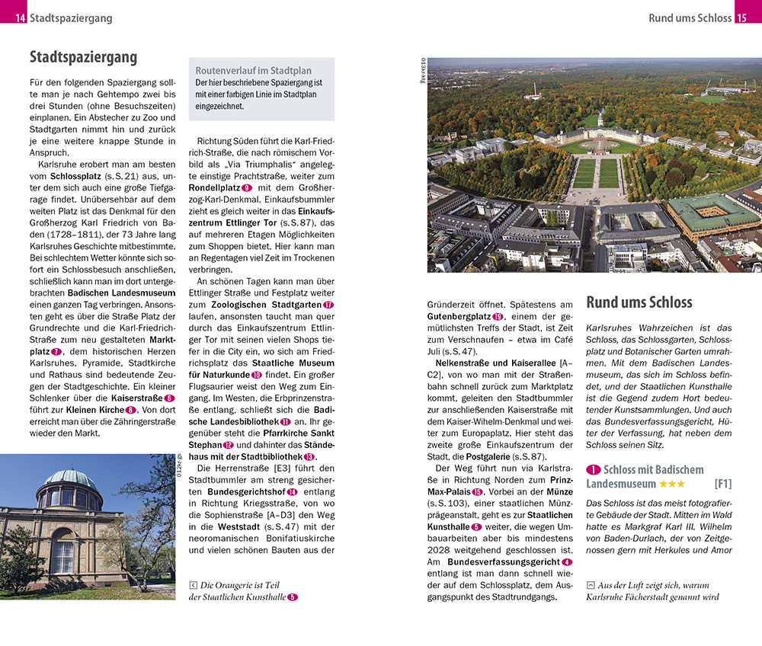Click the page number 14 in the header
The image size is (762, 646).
coord(19,18)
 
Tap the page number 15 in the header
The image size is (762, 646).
coord(741,18)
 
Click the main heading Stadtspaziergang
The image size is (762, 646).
coord(83,57)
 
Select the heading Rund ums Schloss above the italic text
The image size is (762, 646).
coord(639,302)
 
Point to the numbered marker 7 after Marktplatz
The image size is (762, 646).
coord(57,351)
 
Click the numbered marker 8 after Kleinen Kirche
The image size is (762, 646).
coord(130,410)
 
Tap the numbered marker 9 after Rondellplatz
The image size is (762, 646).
coord(246,187)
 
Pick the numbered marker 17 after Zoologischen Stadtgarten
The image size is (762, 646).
coord(328,305)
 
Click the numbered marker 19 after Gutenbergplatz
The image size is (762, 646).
coord(498,317)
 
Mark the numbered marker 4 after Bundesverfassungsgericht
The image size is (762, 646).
coord(567,562)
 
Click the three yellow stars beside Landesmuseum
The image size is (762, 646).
coord(672,484)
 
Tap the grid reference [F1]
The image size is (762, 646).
coord(722,484)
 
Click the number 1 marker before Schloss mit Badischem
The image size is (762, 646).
coord(593,470)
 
